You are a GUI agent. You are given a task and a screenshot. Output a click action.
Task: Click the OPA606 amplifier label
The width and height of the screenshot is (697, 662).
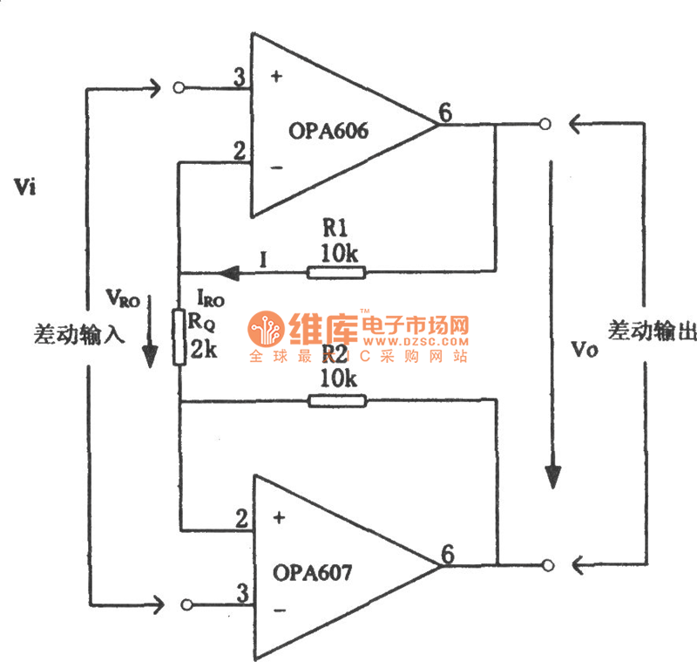pyautogui.click(x=328, y=133)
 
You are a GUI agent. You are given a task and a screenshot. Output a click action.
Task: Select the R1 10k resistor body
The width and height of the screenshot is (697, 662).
pyautogui.click(x=335, y=273)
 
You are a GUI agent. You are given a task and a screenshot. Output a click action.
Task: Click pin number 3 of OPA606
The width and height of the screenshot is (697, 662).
pyautogui.click(x=239, y=78)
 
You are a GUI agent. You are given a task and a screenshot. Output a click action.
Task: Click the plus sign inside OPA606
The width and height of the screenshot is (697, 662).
pyautogui.click(x=277, y=76)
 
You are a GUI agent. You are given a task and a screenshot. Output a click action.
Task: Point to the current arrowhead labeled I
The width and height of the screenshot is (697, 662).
pyautogui.click(x=227, y=273)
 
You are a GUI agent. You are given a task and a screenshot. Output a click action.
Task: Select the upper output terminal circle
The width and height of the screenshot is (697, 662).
pyautogui.click(x=545, y=125)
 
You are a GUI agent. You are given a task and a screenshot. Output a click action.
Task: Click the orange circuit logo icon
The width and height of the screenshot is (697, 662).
pyautogui.click(x=267, y=331)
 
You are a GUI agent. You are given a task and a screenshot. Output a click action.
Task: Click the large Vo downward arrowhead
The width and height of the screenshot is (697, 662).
pyautogui.click(x=552, y=475)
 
